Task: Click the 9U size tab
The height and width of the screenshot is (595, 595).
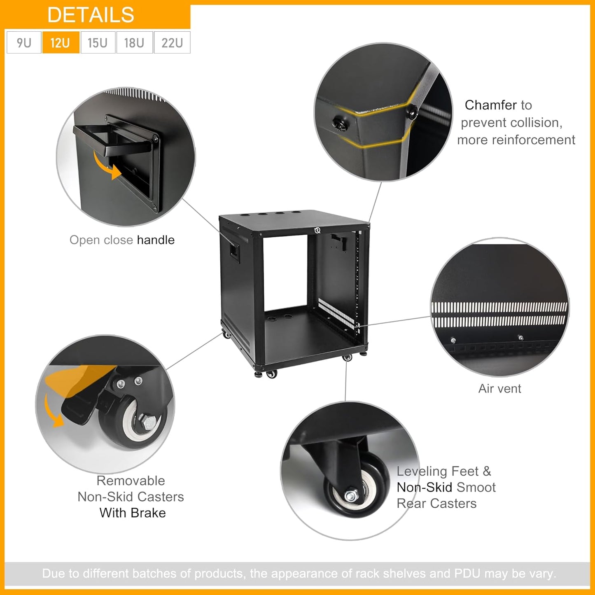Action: click(24, 42)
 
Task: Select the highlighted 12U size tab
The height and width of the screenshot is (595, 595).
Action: click(61, 42)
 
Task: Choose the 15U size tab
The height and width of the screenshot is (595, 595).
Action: click(98, 42)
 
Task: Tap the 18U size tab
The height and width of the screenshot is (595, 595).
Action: click(134, 42)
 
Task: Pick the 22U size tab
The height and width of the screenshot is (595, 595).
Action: click(172, 42)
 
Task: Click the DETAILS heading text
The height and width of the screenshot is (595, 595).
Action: click(91, 15)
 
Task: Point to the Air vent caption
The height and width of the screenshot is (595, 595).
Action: click(499, 388)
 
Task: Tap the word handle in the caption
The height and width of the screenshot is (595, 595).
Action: click(156, 240)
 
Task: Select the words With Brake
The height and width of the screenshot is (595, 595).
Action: click(133, 513)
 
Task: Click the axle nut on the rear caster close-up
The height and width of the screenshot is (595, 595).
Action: click(351, 496)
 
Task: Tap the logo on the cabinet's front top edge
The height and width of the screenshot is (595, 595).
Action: click(317, 230)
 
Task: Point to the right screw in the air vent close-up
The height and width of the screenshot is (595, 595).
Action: click(520, 338)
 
